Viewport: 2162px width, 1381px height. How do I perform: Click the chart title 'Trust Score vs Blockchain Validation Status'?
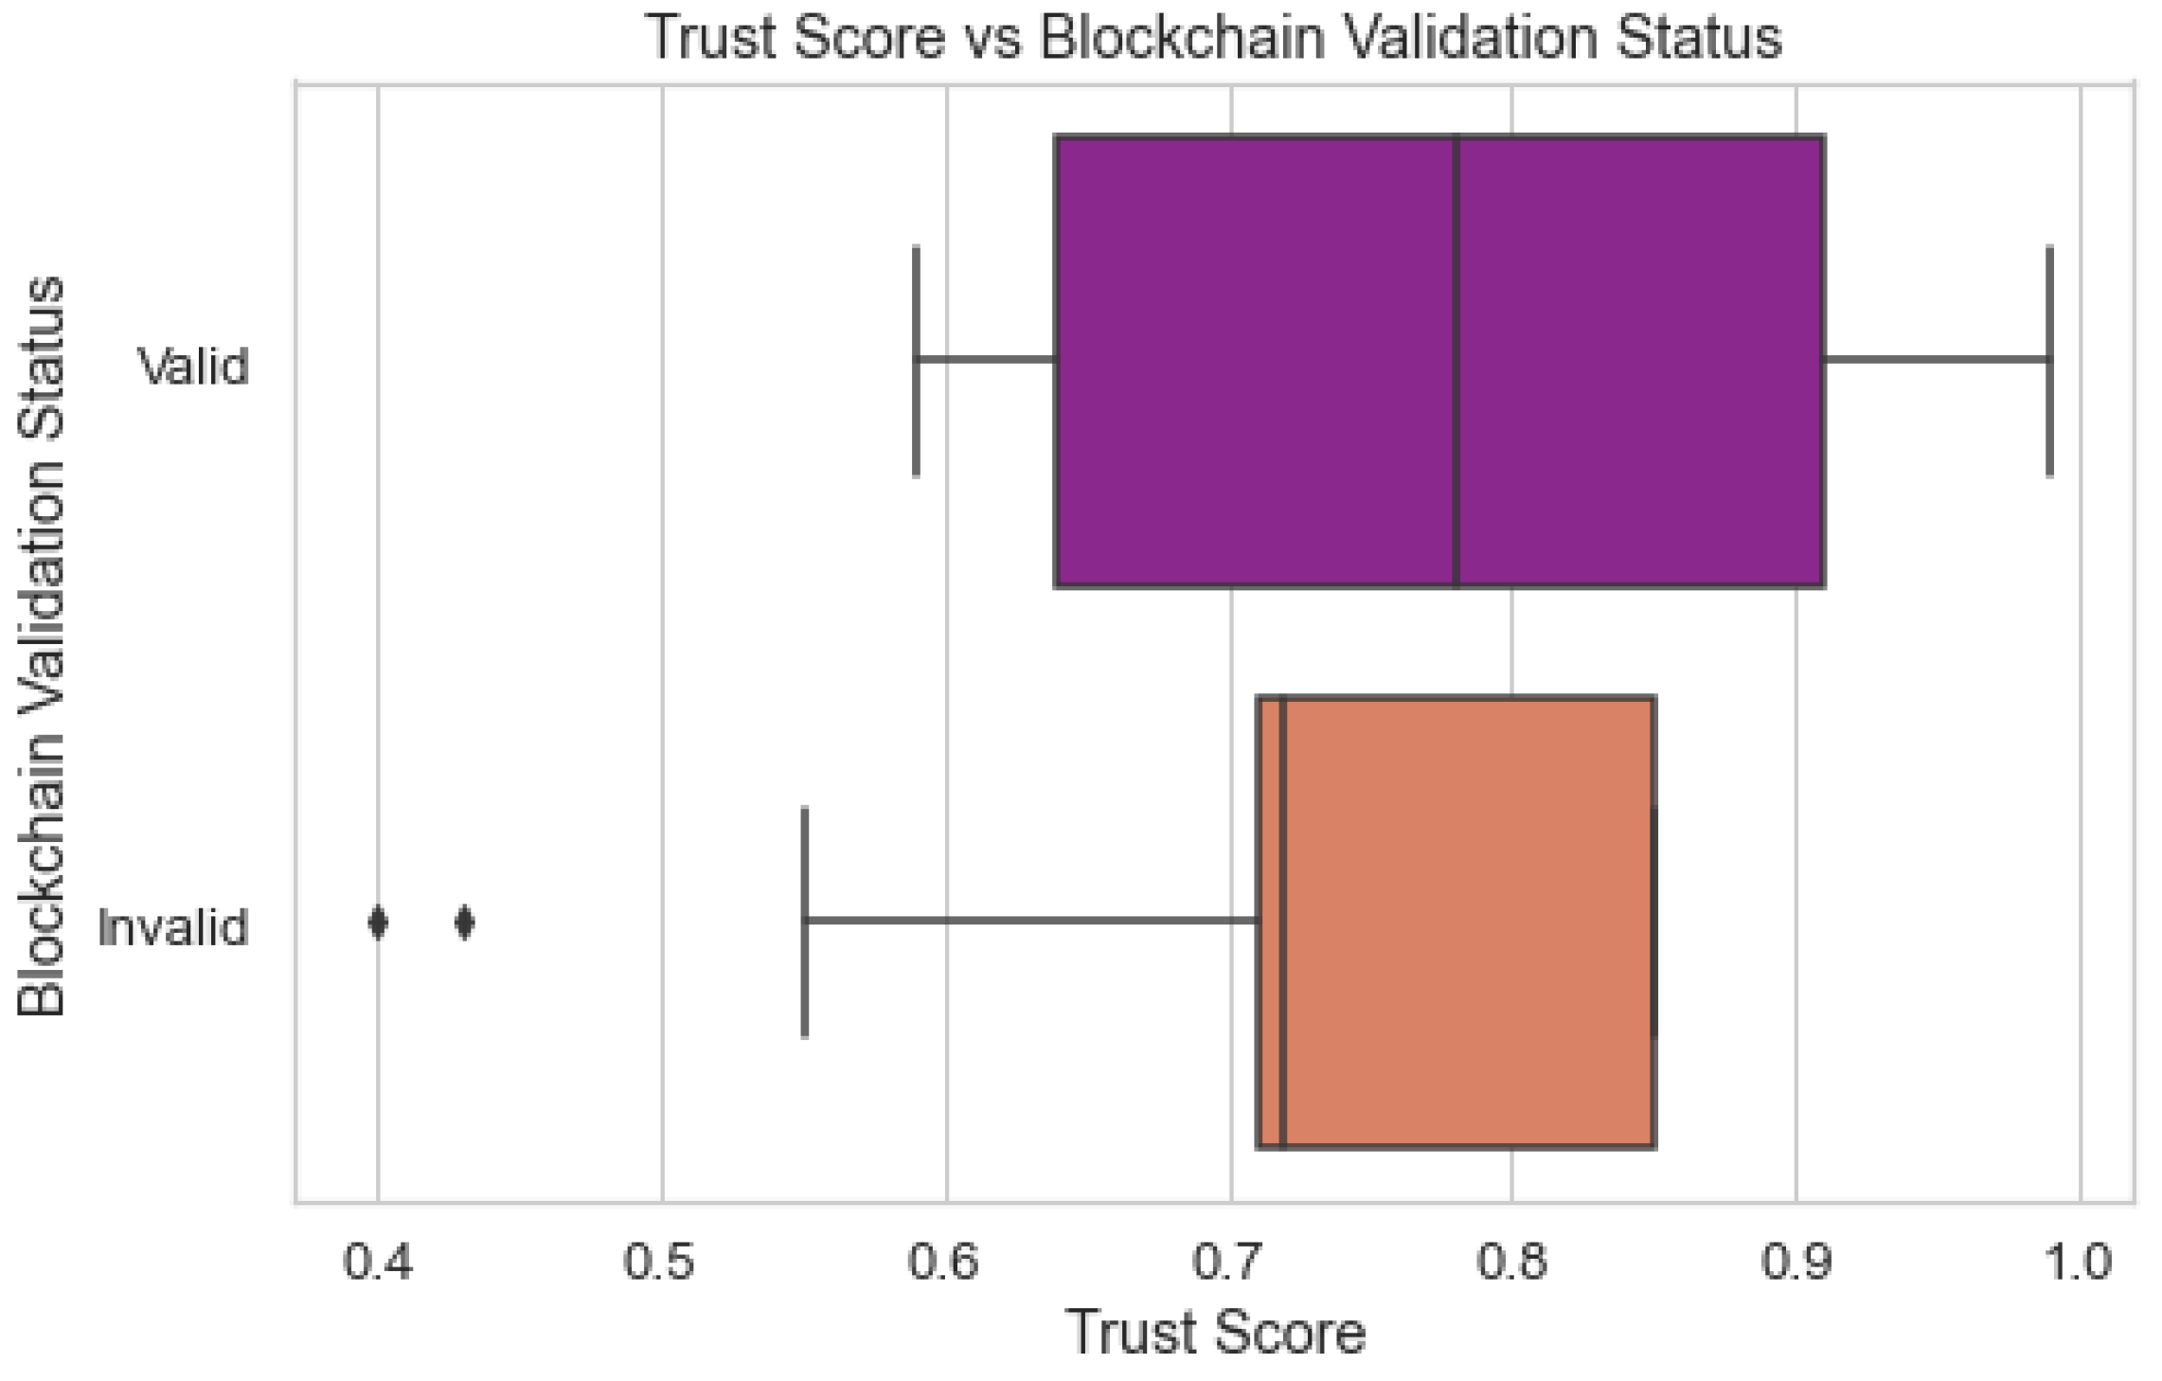tap(1213, 38)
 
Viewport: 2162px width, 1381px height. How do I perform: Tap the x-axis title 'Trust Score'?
tap(1217, 1333)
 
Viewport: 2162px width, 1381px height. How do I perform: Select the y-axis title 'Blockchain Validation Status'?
tap(42, 646)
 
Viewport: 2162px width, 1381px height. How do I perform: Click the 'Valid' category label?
tap(194, 366)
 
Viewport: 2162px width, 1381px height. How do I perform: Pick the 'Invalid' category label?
tap(173, 927)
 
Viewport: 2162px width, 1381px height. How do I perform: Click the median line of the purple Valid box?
tap(1456, 361)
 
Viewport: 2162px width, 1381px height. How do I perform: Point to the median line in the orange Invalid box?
tap(1283, 922)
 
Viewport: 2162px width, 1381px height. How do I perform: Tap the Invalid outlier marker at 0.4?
tap(378, 922)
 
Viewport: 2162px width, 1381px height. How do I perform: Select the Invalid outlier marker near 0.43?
tap(464, 922)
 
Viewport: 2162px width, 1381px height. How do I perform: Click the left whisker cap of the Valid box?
tap(916, 361)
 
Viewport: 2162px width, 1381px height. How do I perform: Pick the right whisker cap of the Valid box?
tap(2050, 361)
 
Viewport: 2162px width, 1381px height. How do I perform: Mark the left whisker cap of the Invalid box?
tap(805, 922)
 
